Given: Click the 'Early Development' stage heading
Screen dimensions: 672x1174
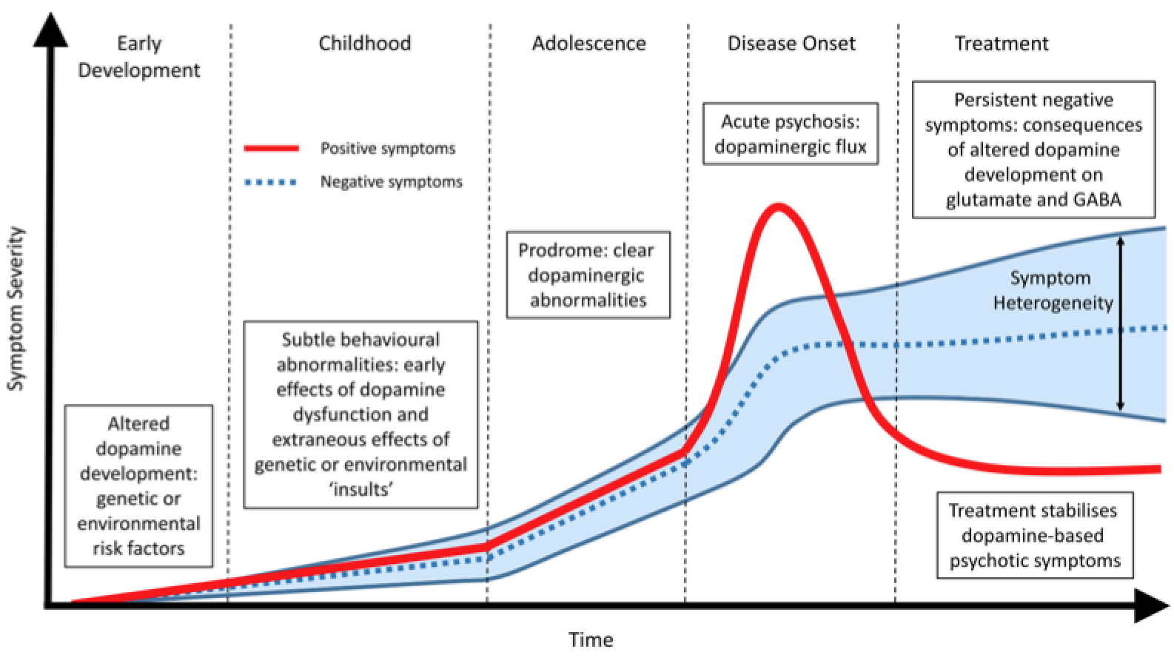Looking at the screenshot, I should pos(139,57).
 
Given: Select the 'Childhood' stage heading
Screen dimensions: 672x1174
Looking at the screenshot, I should pos(364,43).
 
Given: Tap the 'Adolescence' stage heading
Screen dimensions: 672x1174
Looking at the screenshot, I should pos(588,43).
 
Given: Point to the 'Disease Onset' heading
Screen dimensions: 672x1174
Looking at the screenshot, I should pos(791,43).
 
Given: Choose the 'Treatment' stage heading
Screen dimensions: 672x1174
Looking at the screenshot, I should pos(1001,43).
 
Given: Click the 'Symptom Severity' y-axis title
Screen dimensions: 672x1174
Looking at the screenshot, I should pos(16,308).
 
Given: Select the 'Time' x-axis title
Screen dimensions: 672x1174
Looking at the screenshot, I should pos(591,639).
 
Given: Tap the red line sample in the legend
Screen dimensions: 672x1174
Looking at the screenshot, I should pos(272,149).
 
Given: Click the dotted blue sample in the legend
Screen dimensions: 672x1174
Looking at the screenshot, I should pos(272,182).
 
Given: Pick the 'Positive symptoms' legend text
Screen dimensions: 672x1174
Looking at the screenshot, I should pos(387,149).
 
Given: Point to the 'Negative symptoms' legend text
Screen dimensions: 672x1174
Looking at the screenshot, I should pos(391,182).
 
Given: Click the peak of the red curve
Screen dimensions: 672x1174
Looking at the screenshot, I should pos(777,206).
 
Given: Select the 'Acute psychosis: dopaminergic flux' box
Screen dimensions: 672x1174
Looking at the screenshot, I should pos(790,134).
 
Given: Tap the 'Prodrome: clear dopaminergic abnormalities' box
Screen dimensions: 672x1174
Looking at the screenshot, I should pos(588,275).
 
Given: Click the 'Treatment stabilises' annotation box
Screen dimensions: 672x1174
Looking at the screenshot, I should pos(1033,535).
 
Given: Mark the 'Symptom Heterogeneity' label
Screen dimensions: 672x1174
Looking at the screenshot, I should pos(1052,290).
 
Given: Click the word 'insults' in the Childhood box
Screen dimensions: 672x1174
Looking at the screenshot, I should pos(360,489).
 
